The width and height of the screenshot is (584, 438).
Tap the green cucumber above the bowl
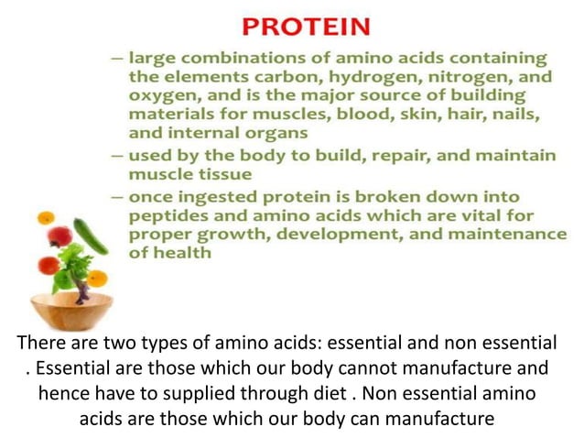[x=91, y=236]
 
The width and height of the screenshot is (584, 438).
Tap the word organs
[x=273, y=132]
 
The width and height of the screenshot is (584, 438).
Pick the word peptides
[x=168, y=215]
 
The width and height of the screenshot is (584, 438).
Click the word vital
[x=499, y=215]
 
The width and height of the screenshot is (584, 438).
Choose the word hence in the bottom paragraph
[x=61, y=394]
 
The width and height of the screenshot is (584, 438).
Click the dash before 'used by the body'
[x=117, y=156]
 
